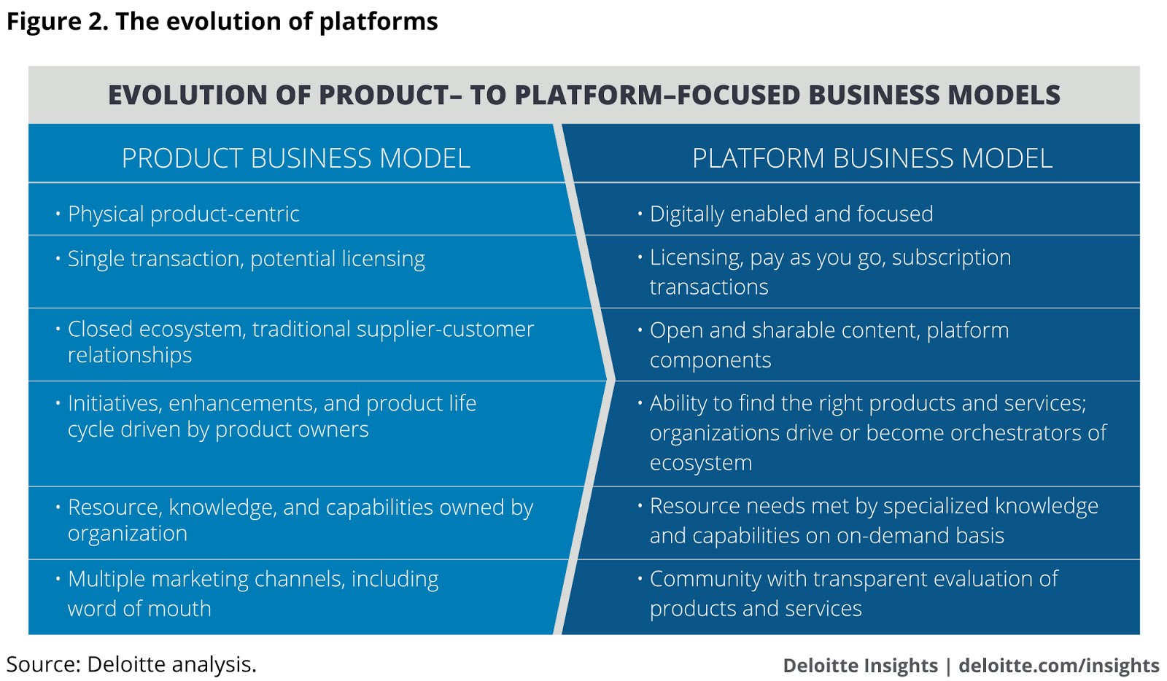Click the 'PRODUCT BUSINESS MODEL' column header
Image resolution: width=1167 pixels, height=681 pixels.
[295, 158]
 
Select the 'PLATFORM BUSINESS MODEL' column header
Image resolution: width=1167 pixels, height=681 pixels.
[872, 158]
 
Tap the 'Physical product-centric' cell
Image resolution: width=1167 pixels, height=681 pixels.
[183, 214]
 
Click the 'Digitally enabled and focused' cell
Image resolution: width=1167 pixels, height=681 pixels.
[791, 214]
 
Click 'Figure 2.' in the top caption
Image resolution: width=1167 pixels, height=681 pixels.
[57, 21]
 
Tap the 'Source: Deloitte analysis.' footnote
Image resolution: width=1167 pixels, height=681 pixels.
[131, 664]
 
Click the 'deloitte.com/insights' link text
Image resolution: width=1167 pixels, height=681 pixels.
[1058, 666]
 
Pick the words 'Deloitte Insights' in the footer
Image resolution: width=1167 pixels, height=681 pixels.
[860, 666]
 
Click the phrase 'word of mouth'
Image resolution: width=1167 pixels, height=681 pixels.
[139, 609]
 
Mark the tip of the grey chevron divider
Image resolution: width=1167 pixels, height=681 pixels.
[613, 380]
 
